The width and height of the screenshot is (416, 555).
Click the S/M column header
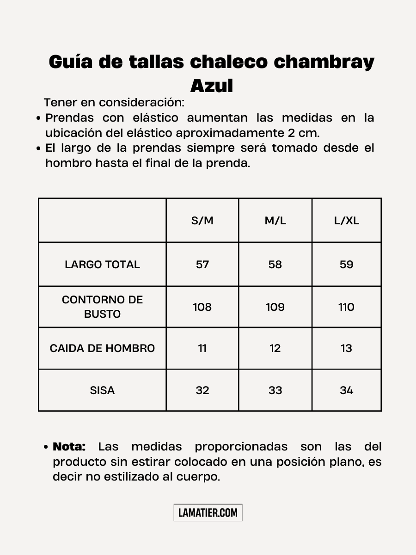pos(202,221)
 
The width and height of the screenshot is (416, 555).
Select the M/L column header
pos(275,221)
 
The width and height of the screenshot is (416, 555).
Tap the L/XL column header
pos(347,221)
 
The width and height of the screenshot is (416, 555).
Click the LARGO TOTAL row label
pos(102,265)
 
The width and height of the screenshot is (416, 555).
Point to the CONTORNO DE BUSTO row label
pos(102,307)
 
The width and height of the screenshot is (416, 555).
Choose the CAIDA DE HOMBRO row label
pos(102,348)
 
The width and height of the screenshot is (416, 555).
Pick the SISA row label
pos(102,390)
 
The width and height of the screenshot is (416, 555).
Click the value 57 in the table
pos(202,265)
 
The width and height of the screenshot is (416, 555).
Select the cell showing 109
pos(275,307)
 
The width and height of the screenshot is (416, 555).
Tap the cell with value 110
pos(347,307)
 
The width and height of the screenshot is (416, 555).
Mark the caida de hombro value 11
pos(202,348)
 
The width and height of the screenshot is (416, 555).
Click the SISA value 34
pos(347,390)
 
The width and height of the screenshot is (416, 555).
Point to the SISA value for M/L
pos(275,390)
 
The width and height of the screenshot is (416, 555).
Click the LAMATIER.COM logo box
pos(208,512)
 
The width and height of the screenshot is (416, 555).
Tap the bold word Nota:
pos(69,447)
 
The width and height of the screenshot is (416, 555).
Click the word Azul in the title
pos(212,86)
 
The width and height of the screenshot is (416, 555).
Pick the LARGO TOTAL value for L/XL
pos(347,265)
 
